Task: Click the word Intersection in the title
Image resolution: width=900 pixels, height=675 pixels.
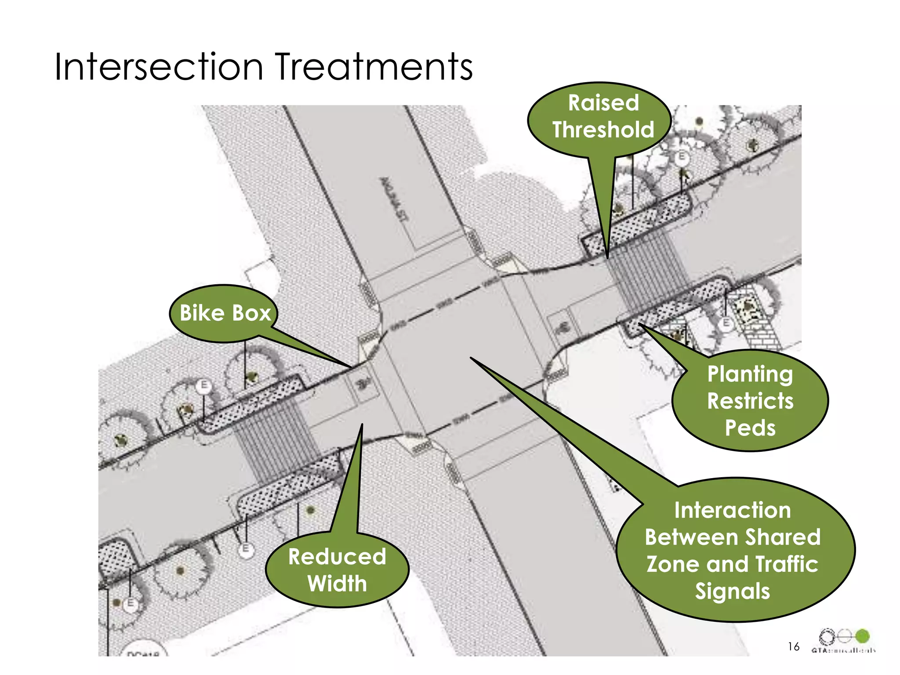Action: [x=159, y=67]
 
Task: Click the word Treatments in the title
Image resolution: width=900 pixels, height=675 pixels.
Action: [x=374, y=67]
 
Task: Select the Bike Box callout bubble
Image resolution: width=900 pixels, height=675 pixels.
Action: [x=225, y=313]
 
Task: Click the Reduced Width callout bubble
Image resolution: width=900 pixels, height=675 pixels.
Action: [x=337, y=570]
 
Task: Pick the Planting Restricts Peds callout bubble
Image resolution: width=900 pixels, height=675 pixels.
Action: [x=750, y=400]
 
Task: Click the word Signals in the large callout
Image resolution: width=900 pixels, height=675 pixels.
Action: [x=732, y=591]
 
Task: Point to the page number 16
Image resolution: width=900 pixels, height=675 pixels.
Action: [x=793, y=646]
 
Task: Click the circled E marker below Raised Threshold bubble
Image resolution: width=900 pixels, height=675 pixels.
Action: [x=682, y=157]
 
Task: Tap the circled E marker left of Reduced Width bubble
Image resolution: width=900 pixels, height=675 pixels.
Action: [x=246, y=549]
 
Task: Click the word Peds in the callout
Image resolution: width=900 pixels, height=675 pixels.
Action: [x=750, y=428]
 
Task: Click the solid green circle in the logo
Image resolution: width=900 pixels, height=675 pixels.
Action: [x=862, y=636]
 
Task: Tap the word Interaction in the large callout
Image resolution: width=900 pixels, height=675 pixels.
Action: [x=732, y=510]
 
